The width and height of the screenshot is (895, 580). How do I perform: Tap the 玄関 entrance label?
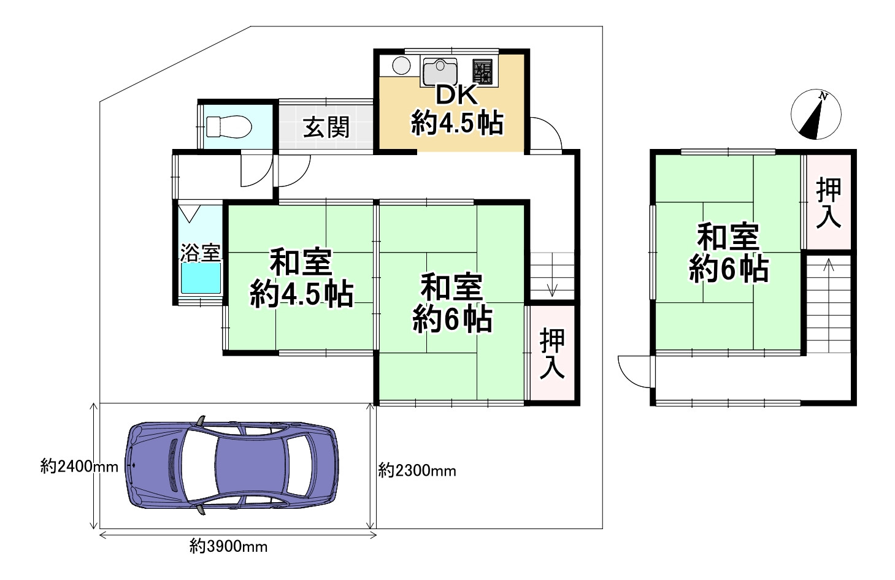(326, 128)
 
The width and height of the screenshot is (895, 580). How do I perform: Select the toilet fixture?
(228, 127)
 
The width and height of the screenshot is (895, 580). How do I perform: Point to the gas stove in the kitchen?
(482, 72)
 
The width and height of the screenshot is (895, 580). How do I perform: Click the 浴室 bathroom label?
(200, 252)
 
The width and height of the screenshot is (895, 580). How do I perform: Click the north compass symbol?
(815, 115)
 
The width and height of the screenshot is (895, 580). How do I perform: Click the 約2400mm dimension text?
(79, 467)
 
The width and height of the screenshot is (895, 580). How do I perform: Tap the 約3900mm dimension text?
(228, 546)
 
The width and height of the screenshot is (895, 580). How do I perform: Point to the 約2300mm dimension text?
(417, 470)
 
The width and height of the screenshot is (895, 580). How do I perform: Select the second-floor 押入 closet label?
(828, 203)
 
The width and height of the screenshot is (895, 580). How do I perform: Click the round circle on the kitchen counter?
(401, 66)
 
